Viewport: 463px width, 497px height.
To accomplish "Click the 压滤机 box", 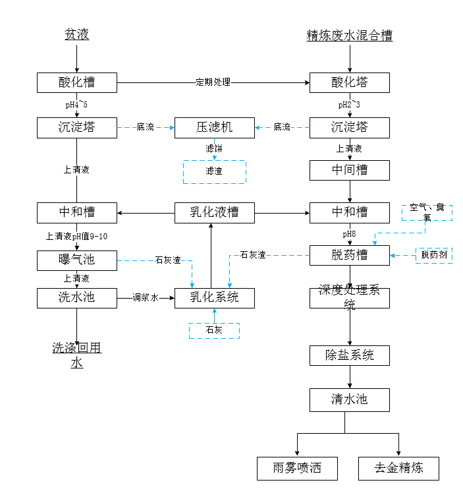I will point(214,127).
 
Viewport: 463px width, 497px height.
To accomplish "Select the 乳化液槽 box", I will point(214,212).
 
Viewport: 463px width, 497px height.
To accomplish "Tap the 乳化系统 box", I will point(214,298).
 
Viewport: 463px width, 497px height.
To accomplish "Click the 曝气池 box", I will point(76,260).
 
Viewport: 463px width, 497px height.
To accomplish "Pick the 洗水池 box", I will point(76,298).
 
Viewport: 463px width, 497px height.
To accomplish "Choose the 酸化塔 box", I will point(349,82).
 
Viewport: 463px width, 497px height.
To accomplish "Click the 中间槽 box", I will point(349,170).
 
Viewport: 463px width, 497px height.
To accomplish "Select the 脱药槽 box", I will point(349,255).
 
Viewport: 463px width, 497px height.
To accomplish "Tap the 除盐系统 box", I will point(349,355).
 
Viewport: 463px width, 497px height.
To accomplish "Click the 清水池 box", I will point(349,399).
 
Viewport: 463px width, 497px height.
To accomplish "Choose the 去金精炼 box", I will point(398,469).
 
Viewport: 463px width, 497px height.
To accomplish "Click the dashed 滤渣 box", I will point(214,171).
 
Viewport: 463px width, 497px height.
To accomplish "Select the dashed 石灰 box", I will point(214,330).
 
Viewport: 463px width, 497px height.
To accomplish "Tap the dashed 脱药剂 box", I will point(434,255).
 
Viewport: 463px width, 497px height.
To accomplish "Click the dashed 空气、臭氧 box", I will point(427,212).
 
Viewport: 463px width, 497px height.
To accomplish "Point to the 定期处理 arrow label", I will point(213,82).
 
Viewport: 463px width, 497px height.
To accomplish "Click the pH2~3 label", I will point(349,105).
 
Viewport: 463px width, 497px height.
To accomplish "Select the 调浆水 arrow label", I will point(145,298).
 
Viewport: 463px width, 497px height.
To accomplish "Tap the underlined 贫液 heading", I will point(76,34).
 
